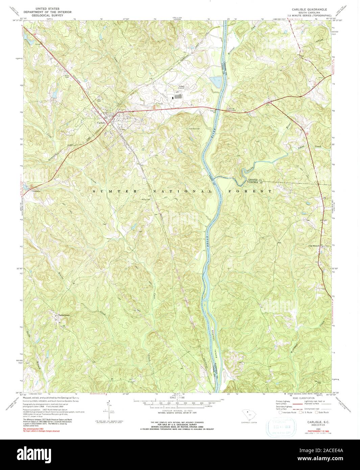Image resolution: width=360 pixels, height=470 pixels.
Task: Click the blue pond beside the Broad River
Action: (x=215, y=81)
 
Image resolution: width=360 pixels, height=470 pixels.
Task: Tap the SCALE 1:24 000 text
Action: (x=179, y=398)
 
